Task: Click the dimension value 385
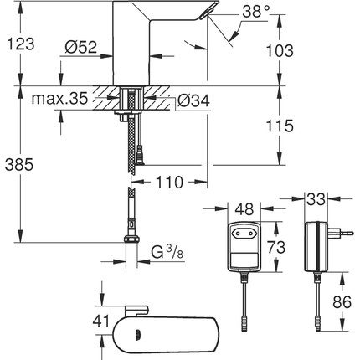[x=22, y=166]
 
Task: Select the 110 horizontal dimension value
[x=172, y=182]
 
